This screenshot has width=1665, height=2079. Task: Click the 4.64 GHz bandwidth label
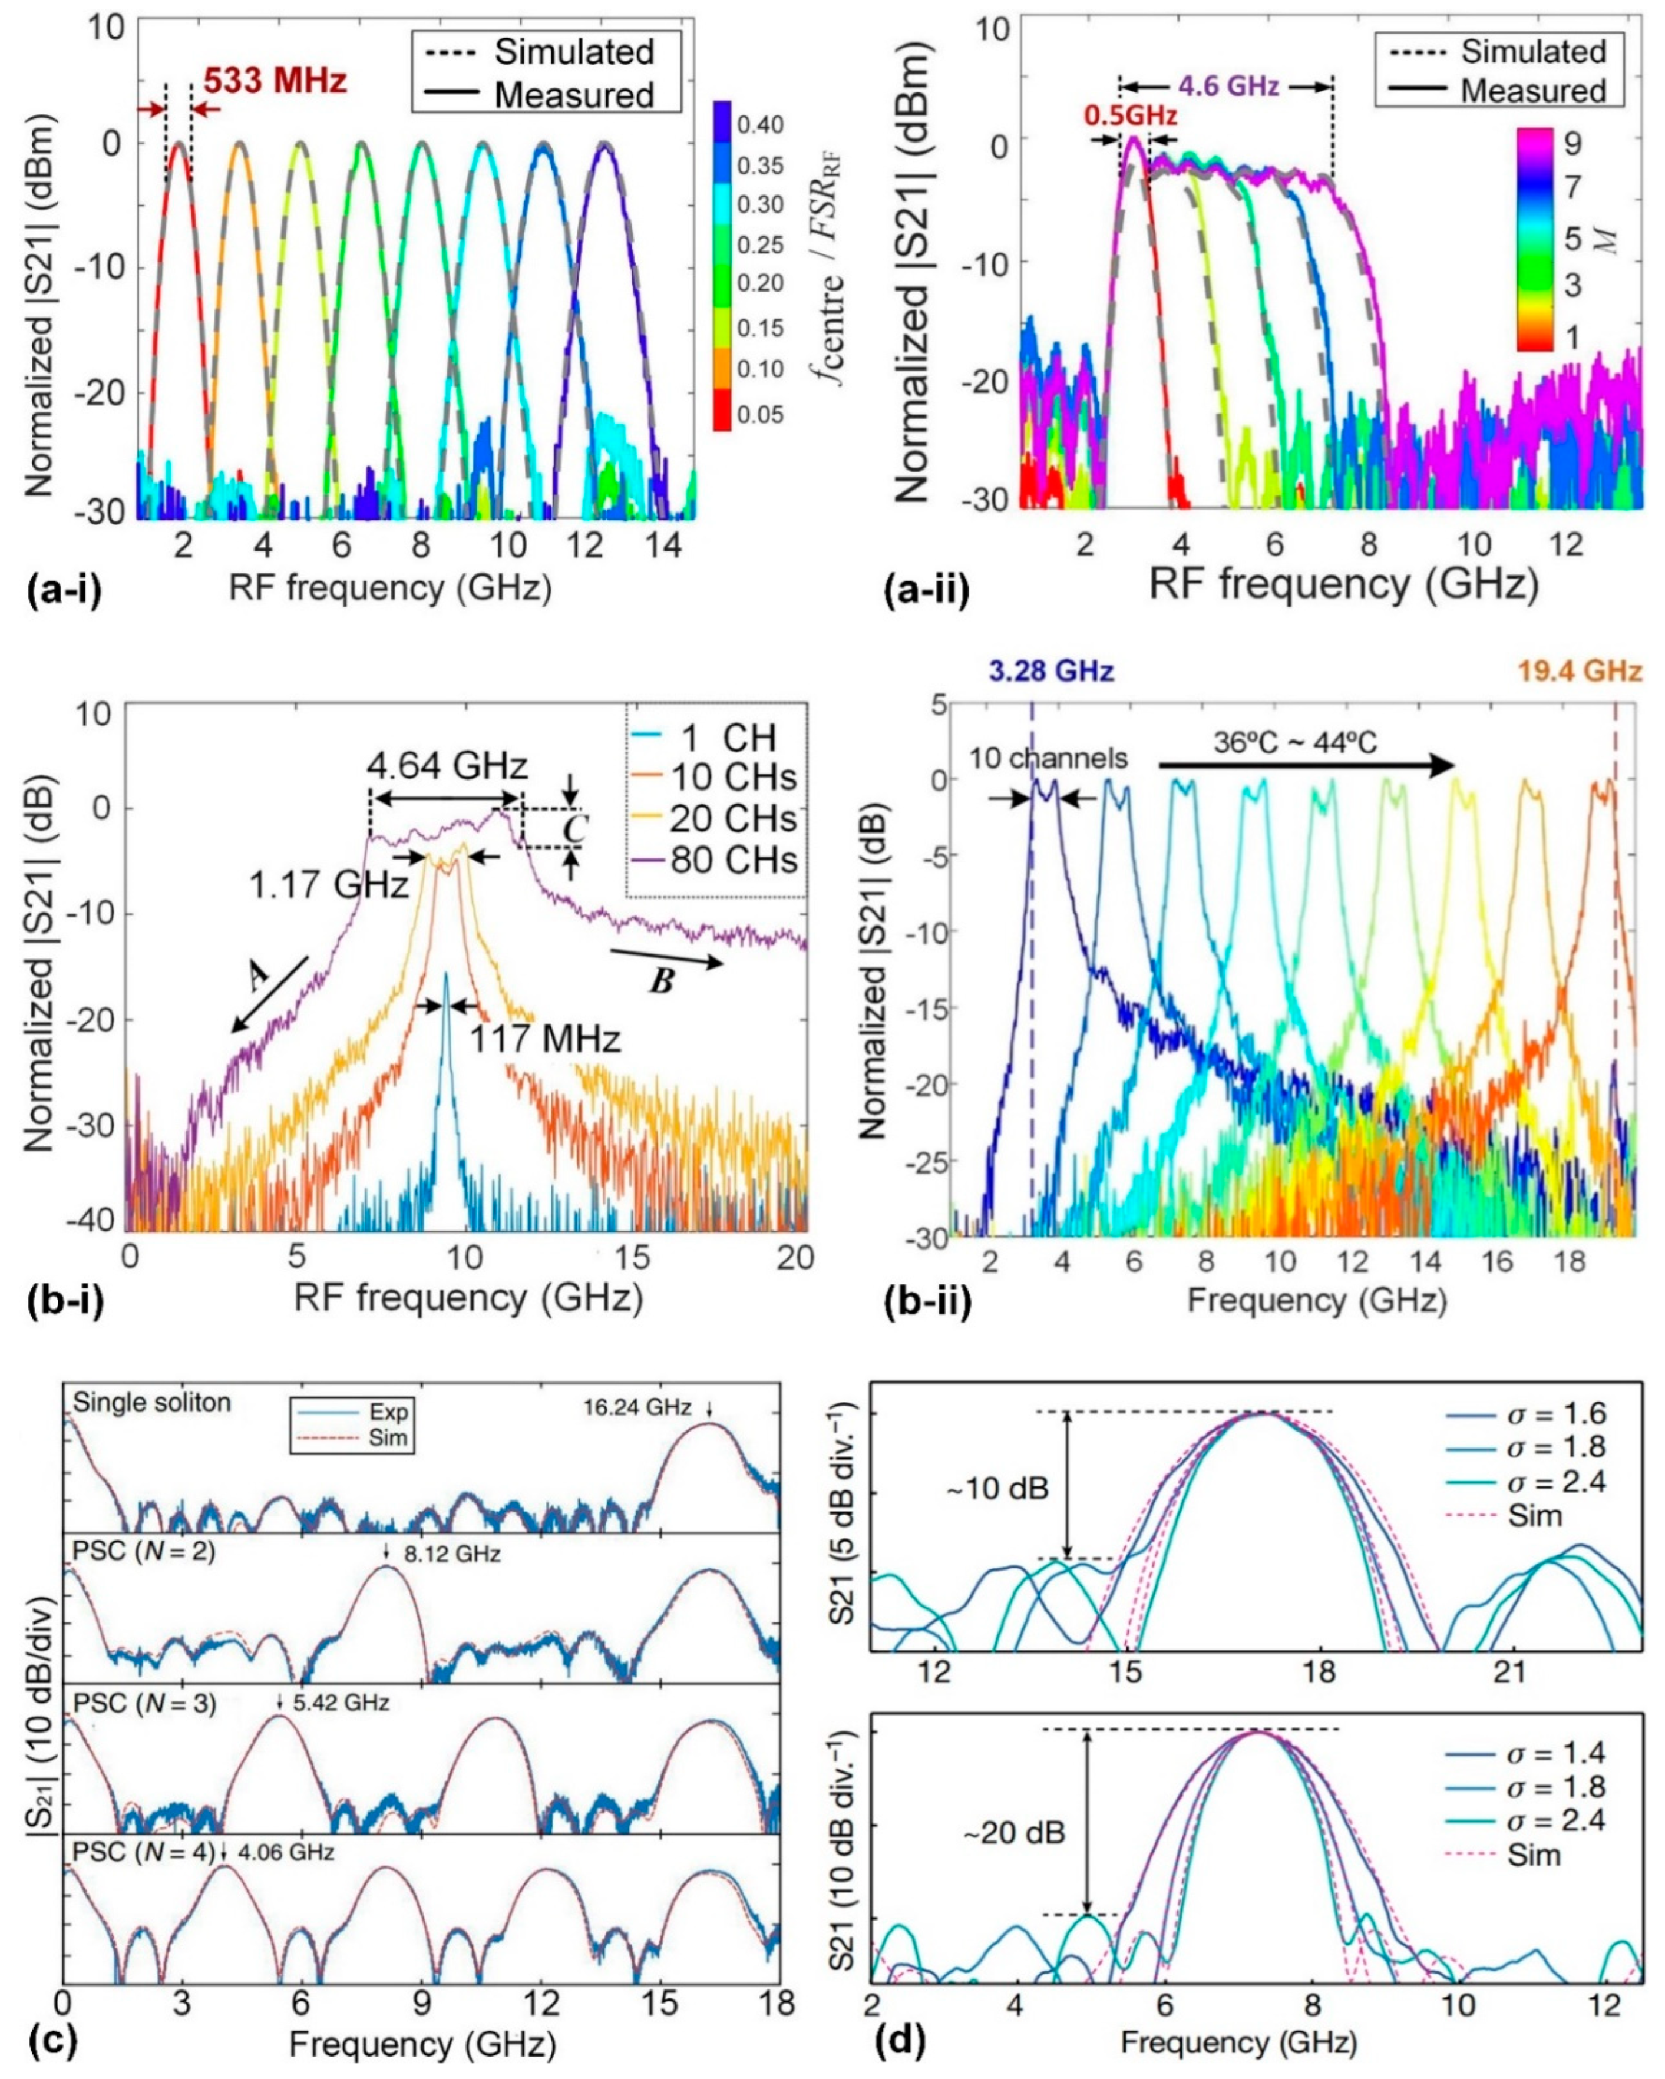(x=447, y=766)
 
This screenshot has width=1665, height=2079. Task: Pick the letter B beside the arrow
(x=662, y=983)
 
